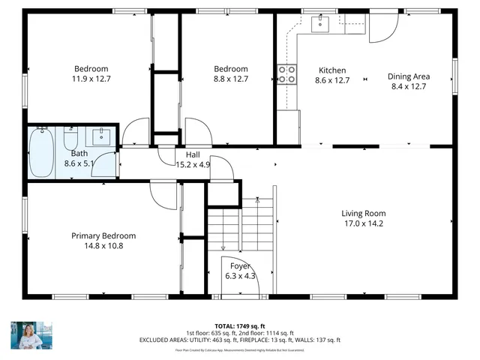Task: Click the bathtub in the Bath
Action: (x=42, y=152)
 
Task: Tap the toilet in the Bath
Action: (x=71, y=140)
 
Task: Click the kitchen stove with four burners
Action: (x=286, y=74)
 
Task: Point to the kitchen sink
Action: (x=320, y=24)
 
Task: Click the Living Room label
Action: (x=364, y=213)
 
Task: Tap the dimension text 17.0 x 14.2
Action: (x=364, y=223)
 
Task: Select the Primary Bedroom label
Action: (x=103, y=235)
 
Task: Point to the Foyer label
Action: (x=240, y=266)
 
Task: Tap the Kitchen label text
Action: (x=332, y=70)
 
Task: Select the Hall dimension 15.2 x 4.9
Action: (x=193, y=164)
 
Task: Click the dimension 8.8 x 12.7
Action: (x=230, y=78)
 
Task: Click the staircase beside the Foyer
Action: (x=240, y=225)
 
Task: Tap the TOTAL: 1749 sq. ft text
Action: (x=240, y=326)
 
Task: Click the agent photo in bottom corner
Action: (x=28, y=335)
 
